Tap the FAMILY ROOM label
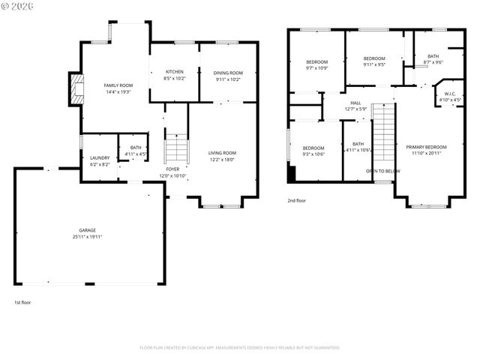[x=118, y=85]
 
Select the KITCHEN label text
[x=174, y=71]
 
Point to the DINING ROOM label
[x=229, y=73]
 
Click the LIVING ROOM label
[x=221, y=153]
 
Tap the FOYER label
[x=172, y=169]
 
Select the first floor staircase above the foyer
[x=175, y=148]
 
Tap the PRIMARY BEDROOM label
[x=426, y=146]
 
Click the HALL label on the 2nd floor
[x=355, y=103]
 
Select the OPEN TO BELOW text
[x=382, y=171]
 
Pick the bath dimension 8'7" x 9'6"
[x=433, y=62]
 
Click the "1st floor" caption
[x=22, y=302]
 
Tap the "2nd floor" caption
[x=297, y=200]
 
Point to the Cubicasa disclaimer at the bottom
[x=239, y=347]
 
